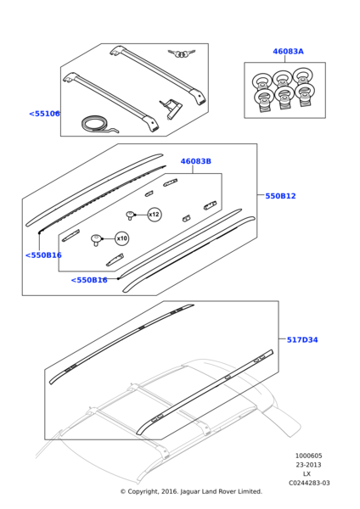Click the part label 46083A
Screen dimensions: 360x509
[288, 51]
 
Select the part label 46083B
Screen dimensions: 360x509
[195, 161]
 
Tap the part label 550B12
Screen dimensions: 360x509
[280, 196]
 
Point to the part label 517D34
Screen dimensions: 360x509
[302, 340]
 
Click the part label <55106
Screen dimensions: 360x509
[44, 114]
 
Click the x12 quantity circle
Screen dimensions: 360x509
[155, 215]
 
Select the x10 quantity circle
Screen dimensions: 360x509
[122, 238]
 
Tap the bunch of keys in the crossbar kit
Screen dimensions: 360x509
[182, 53]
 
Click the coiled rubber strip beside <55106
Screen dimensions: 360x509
[98, 126]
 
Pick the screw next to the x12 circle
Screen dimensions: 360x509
[130, 215]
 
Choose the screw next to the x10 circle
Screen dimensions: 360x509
[96, 240]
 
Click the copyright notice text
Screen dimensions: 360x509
[191, 491]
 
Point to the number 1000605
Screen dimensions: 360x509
[308, 456]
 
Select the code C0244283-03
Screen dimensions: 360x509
[309, 483]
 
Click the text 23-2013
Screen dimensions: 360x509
[308, 465]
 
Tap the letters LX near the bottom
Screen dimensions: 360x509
[307, 474]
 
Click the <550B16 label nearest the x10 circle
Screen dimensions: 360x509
[43, 255]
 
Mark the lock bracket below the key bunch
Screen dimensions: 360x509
[171, 109]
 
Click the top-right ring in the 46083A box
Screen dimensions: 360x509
[303, 77]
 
